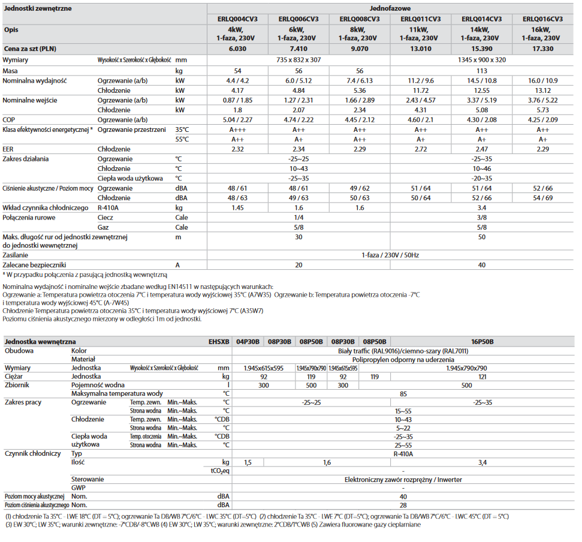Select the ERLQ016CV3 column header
pos(542,19)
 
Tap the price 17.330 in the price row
pos(542,49)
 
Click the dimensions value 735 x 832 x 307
pos(298,60)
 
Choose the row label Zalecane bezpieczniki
pos(34,265)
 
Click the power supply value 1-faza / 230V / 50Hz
pos(390,255)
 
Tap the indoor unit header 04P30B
pos(248,342)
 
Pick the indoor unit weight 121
pos(482,377)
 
